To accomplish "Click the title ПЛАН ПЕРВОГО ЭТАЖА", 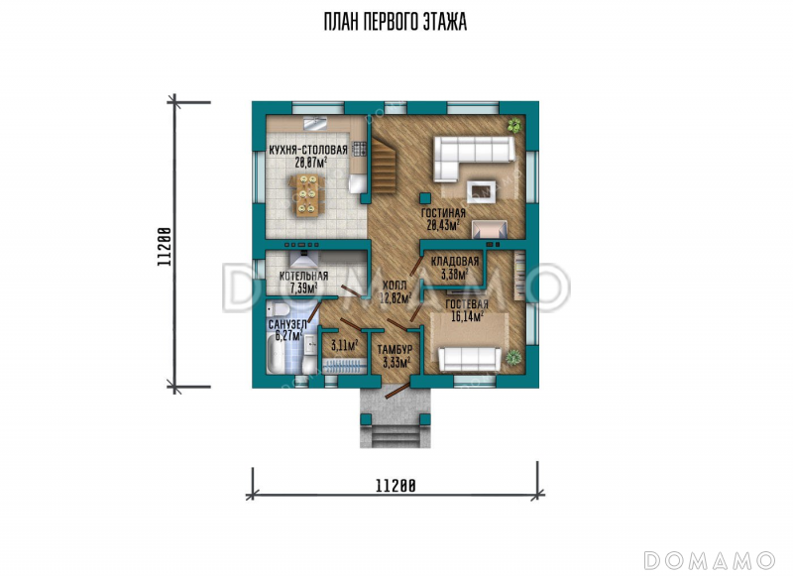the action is click(x=395, y=22).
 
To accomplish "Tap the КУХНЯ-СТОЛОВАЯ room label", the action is click(x=308, y=150).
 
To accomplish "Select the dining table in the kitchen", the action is click(x=307, y=195).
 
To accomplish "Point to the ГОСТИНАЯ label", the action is click(x=443, y=213).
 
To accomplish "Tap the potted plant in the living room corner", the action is click(x=514, y=125).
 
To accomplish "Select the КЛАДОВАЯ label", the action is click(x=455, y=262).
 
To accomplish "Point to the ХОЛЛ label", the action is click(x=395, y=286).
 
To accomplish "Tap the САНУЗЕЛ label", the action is click(x=287, y=324).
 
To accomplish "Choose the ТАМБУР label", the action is click(x=395, y=349).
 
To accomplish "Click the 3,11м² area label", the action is click(x=344, y=345).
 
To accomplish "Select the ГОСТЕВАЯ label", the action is click(x=467, y=304).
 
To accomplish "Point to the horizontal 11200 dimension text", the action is click(x=396, y=486).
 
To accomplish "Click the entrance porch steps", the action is click(x=396, y=435).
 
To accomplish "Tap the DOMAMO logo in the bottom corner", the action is click(x=709, y=560).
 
